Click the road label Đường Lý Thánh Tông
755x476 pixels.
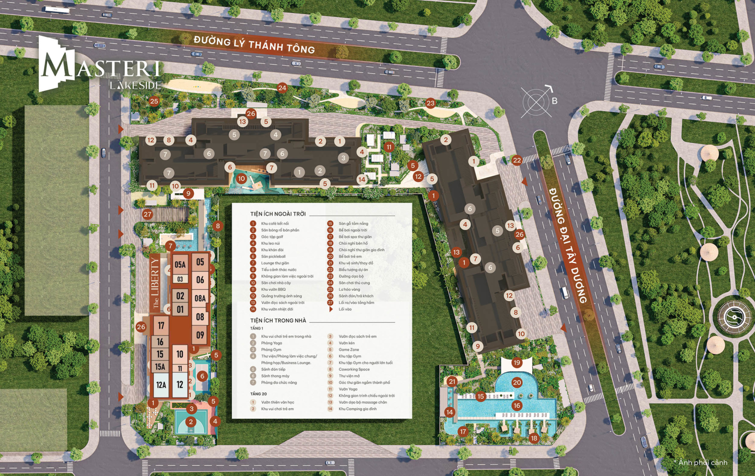point(254,45)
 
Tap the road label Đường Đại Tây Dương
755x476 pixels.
point(568,246)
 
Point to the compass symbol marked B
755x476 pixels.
point(537,102)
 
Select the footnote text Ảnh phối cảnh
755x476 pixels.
point(702,462)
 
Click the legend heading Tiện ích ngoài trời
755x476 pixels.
point(278,214)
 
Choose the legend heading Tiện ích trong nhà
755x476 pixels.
point(278,321)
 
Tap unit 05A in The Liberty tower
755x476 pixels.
point(180,265)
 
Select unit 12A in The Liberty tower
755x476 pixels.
point(161,385)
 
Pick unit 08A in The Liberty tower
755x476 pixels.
point(200,298)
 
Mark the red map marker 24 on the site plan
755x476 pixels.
point(282,88)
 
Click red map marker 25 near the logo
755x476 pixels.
point(154,101)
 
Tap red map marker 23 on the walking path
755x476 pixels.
point(431,103)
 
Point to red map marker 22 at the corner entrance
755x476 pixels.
point(517,160)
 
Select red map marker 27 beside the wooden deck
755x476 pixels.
point(147,214)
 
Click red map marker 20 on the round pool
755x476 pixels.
point(517,382)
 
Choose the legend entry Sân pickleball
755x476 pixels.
point(273,256)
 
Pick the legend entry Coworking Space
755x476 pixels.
point(354,369)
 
